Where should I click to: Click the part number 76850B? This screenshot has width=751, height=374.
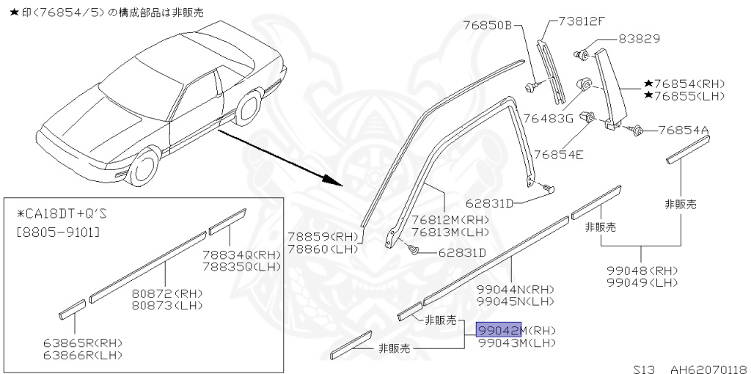point(486,24)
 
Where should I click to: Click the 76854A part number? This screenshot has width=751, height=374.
point(684,131)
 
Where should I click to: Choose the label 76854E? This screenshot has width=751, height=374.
point(558,154)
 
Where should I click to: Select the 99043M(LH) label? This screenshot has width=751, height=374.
point(516,342)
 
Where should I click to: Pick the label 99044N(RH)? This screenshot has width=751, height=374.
point(516,289)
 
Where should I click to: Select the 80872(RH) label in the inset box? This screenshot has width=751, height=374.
point(167,293)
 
